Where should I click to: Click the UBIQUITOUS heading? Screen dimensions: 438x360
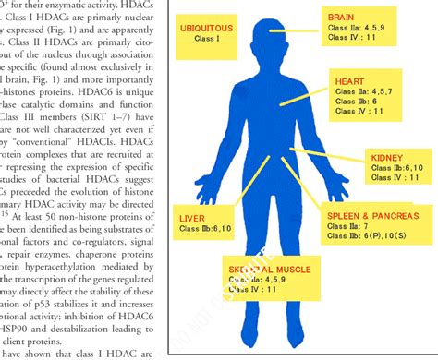pyautogui.click(x=206, y=29)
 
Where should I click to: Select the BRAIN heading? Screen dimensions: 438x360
pyautogui.click(x=341, y=17)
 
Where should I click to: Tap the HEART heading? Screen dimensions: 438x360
pyautogui.click(x=348, y=81)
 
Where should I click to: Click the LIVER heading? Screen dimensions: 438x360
pyautogui.click(x=191, y=218)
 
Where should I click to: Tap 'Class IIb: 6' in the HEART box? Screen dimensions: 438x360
pyautogui.click(x=352, y=102)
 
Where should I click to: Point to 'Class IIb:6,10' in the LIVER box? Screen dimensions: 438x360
pyautogui.click(x=205, y=228)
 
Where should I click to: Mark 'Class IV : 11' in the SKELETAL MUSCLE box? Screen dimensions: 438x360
pyautogui.click(x=253, y=289)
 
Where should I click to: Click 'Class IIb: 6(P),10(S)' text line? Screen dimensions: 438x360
pyautogui.click(x=370, y=235)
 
